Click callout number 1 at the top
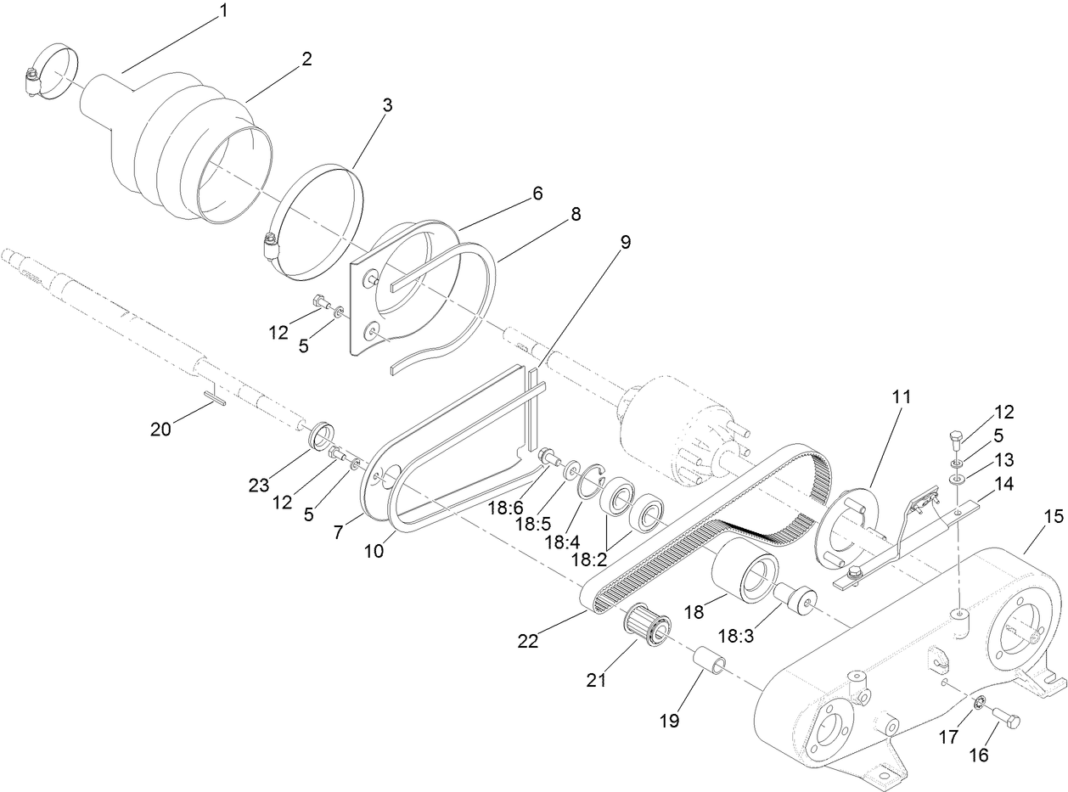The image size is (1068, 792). pyautogui.click(x=223, y=11)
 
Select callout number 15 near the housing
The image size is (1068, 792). pyautogui.click(x=1053, y=516)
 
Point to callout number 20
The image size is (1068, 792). pyautogui.click(x=160, y=430)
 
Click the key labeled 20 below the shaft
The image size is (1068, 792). pyautogui.click(x=213, y=396)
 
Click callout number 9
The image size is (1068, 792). pyautogui.click(x=626, y=242)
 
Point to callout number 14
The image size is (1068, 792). pyautogui.click(x=1005, y=486)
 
